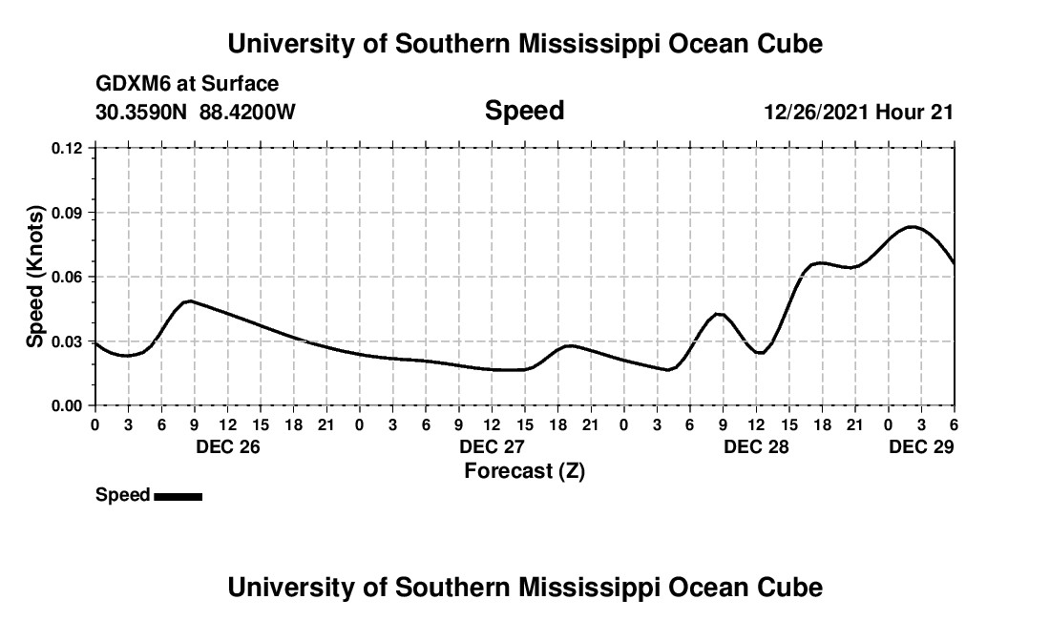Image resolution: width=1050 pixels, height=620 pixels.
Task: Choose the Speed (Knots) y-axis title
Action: coord(34,277)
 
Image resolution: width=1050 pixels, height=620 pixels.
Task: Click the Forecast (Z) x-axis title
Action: coord(524,470)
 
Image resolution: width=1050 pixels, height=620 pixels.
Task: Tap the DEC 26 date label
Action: coord(227,446)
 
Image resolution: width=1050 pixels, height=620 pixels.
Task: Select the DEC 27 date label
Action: coord(492,446)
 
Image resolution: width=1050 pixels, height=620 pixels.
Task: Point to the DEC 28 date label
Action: coord(756,446)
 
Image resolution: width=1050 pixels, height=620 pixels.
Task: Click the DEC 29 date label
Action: coord(921,446)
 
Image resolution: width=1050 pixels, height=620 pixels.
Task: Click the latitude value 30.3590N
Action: coord(142,112)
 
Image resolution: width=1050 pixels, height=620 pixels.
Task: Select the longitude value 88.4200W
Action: coord(247,112)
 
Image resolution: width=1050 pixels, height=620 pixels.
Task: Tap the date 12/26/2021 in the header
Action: coord(816,112)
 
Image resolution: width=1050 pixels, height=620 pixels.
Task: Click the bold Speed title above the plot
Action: coord(524,111)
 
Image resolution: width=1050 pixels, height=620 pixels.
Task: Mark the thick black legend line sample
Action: coord(178,496)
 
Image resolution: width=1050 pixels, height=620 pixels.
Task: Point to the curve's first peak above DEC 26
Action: coord(190,300)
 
